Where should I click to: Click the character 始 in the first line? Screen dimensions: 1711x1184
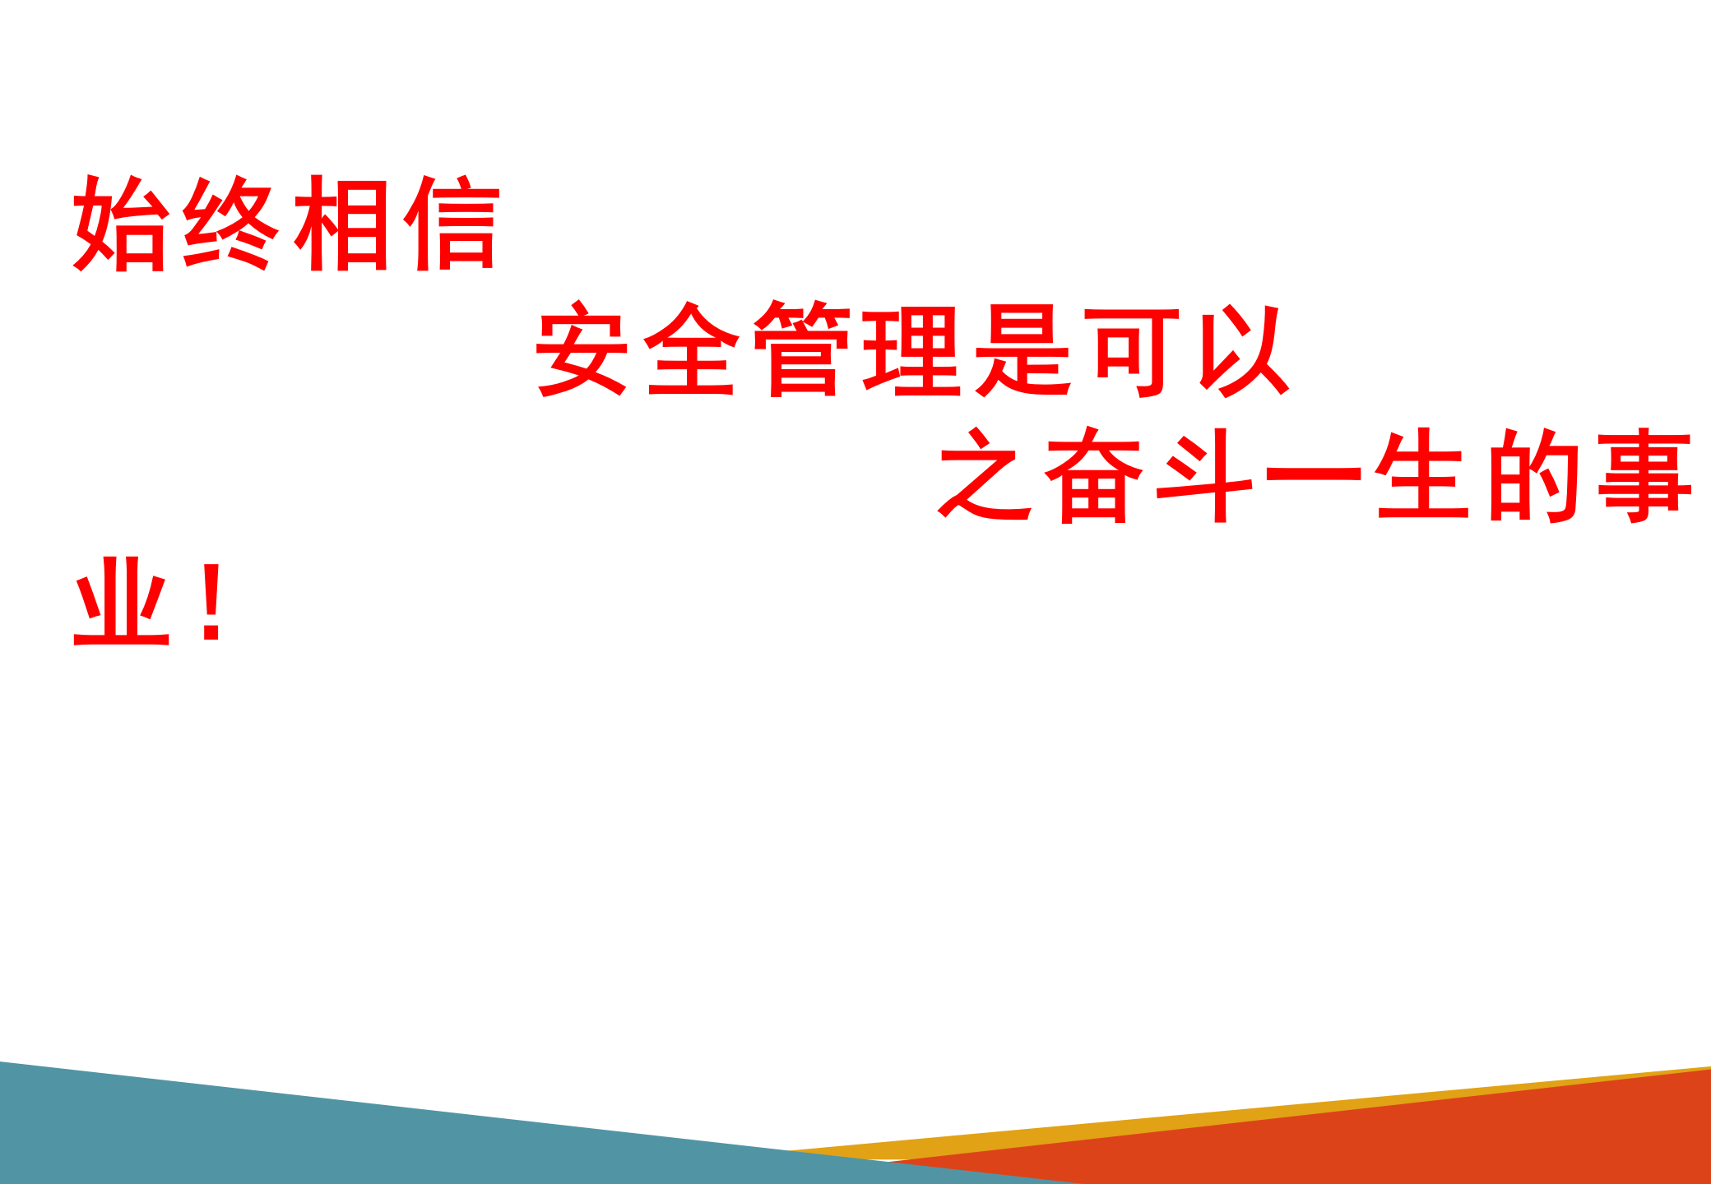(x=122, y=223)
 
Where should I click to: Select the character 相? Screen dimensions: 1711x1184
(x=341, y=223)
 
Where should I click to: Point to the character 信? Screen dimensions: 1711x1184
(x=452, y=222)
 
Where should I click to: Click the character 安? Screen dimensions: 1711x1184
(x=582, y=348)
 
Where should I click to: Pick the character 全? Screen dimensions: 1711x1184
(x=692, y=348)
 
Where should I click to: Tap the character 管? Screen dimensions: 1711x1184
(x=802, y=349)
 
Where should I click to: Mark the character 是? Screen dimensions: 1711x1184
(x=1022, y=349)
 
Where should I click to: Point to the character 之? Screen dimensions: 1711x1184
(x=985, y=474)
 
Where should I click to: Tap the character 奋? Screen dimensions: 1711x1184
(x=1094, y=474)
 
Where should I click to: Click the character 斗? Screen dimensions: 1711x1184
(x=1204, y=475)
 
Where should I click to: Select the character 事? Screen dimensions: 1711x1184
(x=1644, y=474)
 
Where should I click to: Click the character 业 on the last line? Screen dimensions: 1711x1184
(x=122, y=601)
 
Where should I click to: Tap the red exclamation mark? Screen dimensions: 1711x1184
(x=212, y=602)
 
